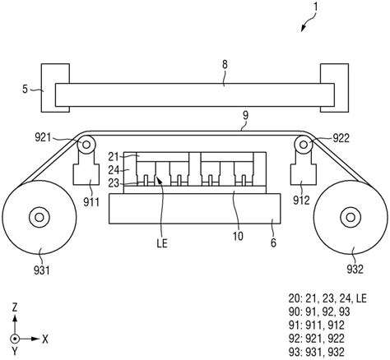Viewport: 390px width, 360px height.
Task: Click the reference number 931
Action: pos(42,270)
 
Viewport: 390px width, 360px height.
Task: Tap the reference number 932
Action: pos(355,270)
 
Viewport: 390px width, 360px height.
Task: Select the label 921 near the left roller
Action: pos(43,137)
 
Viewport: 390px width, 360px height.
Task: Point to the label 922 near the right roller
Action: pos(341,138)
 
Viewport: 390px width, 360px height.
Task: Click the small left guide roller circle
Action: pos(86,145)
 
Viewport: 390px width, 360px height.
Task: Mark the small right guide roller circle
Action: pos(304,145)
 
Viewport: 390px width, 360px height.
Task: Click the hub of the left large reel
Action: pos(39,217)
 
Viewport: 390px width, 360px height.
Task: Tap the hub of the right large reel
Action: pos(351,217)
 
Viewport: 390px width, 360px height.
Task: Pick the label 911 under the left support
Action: pos(91,202)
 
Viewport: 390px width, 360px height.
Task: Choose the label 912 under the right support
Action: pos(301,201)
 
